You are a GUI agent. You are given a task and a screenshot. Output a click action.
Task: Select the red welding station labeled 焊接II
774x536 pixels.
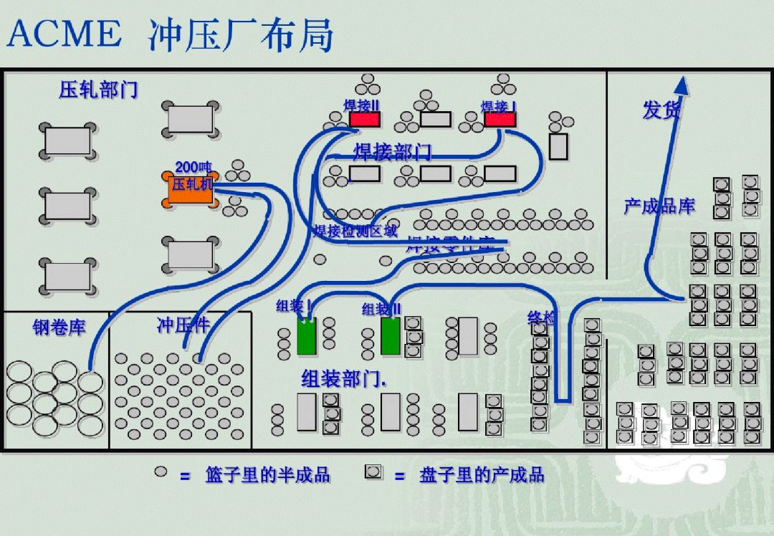click(365, 119)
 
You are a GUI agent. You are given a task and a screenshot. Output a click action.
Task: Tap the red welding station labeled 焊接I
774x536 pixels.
click(500, 119)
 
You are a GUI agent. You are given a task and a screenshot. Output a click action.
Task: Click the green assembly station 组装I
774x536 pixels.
click(306, 335)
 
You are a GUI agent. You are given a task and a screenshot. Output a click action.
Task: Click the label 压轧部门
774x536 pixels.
click(98, 90)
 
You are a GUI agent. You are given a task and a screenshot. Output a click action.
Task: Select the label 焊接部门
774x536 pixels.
click(392, 152)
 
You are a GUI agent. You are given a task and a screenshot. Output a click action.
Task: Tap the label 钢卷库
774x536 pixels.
click(59, 327)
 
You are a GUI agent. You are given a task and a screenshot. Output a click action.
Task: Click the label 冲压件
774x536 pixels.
click(183, 325)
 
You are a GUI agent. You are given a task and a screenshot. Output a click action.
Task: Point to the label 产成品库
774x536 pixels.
click(659, 206)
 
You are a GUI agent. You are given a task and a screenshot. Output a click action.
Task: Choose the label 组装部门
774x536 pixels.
click(343, 378)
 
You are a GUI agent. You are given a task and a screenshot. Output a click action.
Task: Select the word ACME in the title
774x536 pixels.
click(64, 34)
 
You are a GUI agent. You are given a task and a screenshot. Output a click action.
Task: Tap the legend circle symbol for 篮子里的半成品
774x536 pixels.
click(161, 472)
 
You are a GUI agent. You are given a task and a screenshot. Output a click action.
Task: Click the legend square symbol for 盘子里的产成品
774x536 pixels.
click(373, 472)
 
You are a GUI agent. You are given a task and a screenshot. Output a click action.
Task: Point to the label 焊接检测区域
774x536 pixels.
click(355, 231)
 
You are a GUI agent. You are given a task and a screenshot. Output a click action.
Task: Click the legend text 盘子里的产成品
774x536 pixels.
click(482, 474)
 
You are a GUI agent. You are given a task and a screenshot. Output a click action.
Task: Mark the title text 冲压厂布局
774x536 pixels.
click(242, 34)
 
